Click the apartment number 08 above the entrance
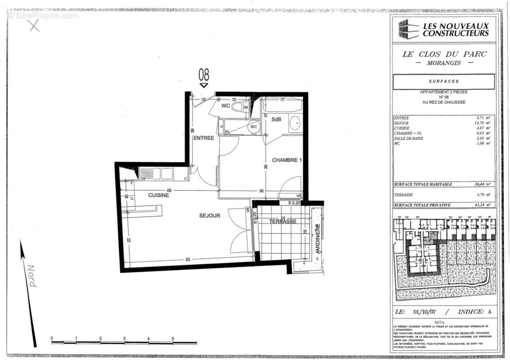(x=204, y=74)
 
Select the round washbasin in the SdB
(x=295, y=123)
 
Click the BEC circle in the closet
(x=253, y=127)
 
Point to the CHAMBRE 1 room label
(x=287, y=160)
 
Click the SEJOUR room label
(x=210, y=216)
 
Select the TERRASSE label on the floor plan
(x=283, y=221)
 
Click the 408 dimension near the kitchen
(x=169, y=190)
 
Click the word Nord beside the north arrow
(x=32, y=276)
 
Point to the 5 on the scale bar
(x=172, y=338)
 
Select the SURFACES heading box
(x=443, y=81)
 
